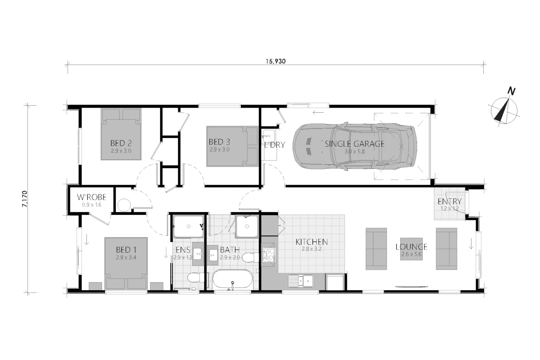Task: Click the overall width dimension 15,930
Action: [x=275, y=61]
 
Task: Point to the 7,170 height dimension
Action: [x=25, y=199]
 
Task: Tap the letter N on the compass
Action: [x=512, y=91]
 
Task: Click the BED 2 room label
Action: [x=121, y=143]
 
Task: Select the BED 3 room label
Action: [x=219, y=142]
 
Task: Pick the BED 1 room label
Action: [x=126, y=250]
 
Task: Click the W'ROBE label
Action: [x=92, y=197]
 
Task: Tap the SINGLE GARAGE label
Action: [x=355, y=144]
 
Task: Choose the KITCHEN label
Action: [x=312, y=242]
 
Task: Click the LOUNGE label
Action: [x=411, y=247]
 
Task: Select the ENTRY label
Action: [x=450, y=201]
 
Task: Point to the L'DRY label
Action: [x=275, y=145]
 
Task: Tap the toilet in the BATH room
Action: [x=250, y=257]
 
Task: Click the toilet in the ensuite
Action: [x=196, y=278]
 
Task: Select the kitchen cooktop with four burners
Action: [x=269, y=255]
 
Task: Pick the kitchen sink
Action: [x=301, y=281]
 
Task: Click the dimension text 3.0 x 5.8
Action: [x=355, y=152]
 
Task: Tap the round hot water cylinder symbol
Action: [x=124, y=205]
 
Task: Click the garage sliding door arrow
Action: [x=318, y=112]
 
